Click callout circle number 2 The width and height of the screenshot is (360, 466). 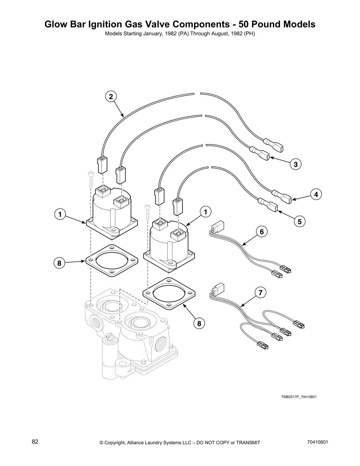coord(111,96)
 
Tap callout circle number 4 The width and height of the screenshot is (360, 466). coord(316,194)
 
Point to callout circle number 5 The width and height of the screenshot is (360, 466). coord(299,222)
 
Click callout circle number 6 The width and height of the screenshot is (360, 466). coord(262,232)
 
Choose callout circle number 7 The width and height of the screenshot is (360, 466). coord(260,292)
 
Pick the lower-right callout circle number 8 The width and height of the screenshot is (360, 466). coord(199,324)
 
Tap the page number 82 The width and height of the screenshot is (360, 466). coord(35,442)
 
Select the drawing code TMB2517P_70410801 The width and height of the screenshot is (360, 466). coord(299,397)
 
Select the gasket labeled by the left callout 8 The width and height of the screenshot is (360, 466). coord(112,261)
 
